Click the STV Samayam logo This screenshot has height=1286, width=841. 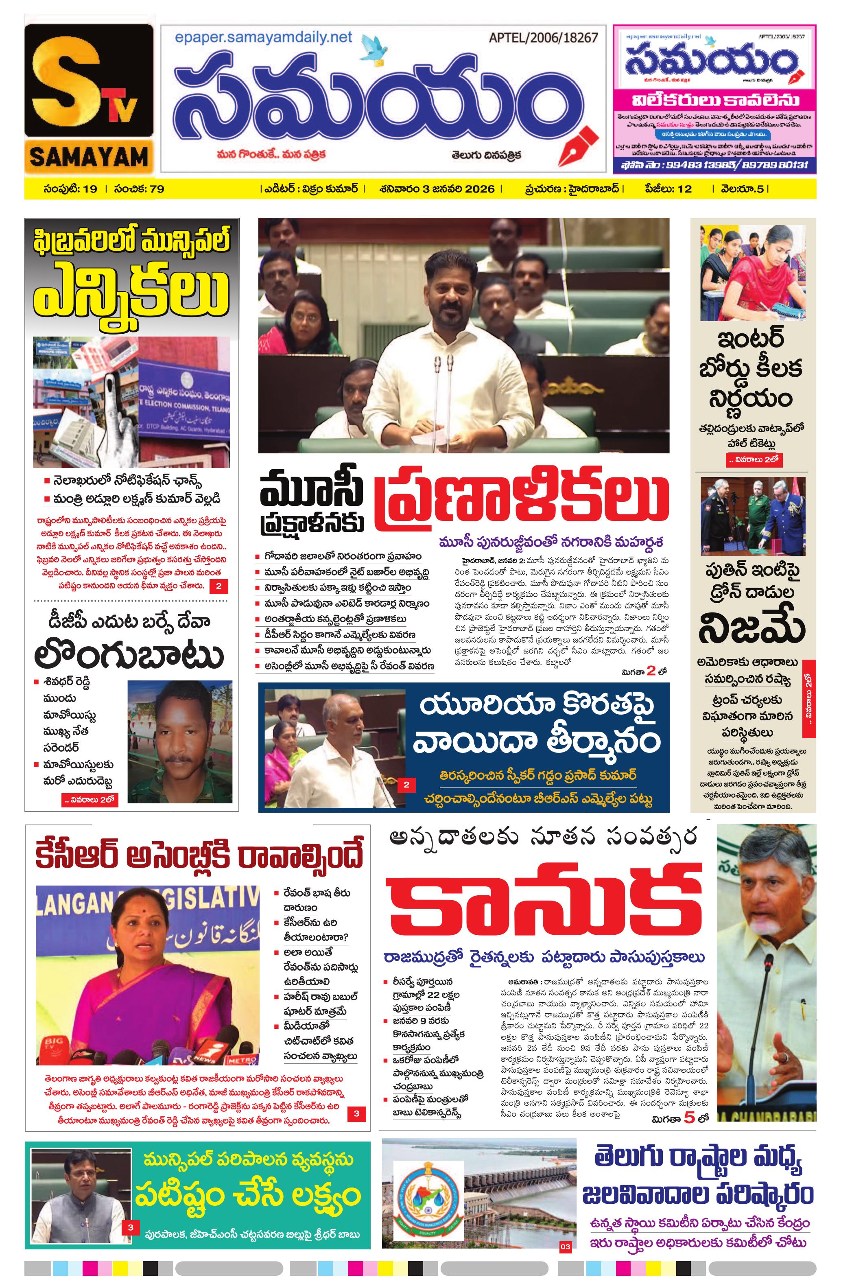(89, 100)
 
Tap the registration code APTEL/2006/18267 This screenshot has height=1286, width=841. (543, 38)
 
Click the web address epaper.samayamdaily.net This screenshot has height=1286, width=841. (263, 37)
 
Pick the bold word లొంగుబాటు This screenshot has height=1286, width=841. (129, 656)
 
